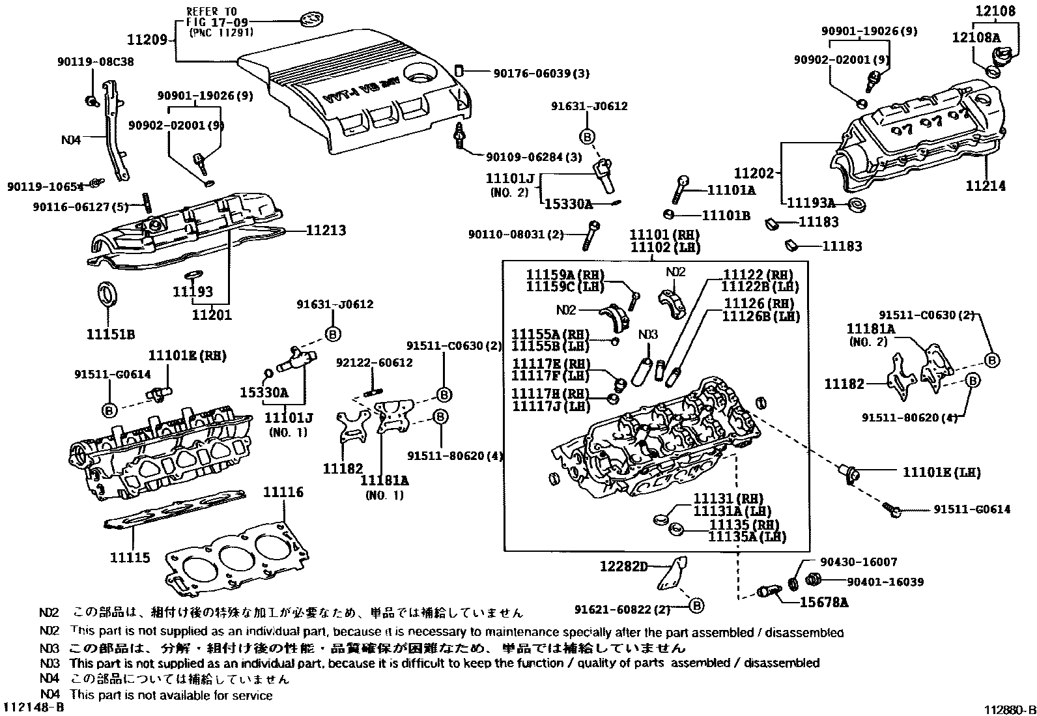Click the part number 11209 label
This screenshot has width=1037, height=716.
tap(147, 40)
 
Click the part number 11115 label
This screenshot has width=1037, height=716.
tap(130, 558)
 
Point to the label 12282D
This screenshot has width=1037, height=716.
tap(623, 567)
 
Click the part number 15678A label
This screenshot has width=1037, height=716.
tap(824, 603)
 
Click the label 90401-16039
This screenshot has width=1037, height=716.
tap(885, 582)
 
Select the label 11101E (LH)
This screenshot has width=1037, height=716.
tap(941, 472)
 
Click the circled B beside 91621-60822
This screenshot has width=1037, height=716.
tap(696, 606)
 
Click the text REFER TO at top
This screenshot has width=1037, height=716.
tap(212, 12)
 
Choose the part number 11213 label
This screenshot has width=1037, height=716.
tap(326, 231)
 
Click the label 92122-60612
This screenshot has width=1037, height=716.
tap(374, 363)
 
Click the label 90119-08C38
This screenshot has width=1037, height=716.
tap(96, 62)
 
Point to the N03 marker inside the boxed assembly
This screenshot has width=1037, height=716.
tap(647, 335)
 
